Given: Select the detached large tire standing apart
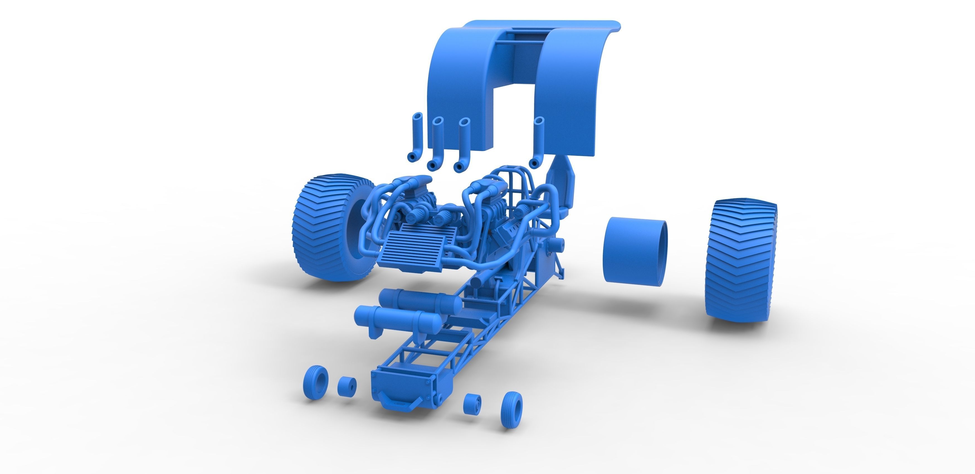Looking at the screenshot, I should (740, 261).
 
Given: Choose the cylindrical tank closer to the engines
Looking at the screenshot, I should (420, 301).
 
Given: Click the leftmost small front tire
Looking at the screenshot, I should (315, 382).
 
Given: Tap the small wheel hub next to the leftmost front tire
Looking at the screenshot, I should (347, 387).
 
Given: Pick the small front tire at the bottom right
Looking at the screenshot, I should (511, 409).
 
